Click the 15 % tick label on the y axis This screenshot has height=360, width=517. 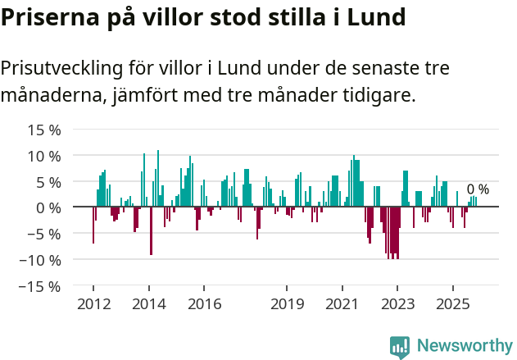click(44, 130)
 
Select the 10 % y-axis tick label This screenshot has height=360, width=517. click(44, 156)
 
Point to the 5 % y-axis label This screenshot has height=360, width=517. click(48, 182)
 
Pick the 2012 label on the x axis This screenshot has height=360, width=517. click(93, 304)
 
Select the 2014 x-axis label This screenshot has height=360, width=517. click(148, 304)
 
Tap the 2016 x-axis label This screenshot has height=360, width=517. click(204, 304)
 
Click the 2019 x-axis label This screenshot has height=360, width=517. click(287, 304)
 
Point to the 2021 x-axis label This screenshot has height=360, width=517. click(342, 304)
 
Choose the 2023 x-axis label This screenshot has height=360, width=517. click(397, 304)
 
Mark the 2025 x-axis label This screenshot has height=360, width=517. click(453, 304)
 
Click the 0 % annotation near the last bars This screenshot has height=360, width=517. click(478, 189)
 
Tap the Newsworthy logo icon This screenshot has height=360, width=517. click(400, 346)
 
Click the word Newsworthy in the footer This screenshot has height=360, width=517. click(464, 346)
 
